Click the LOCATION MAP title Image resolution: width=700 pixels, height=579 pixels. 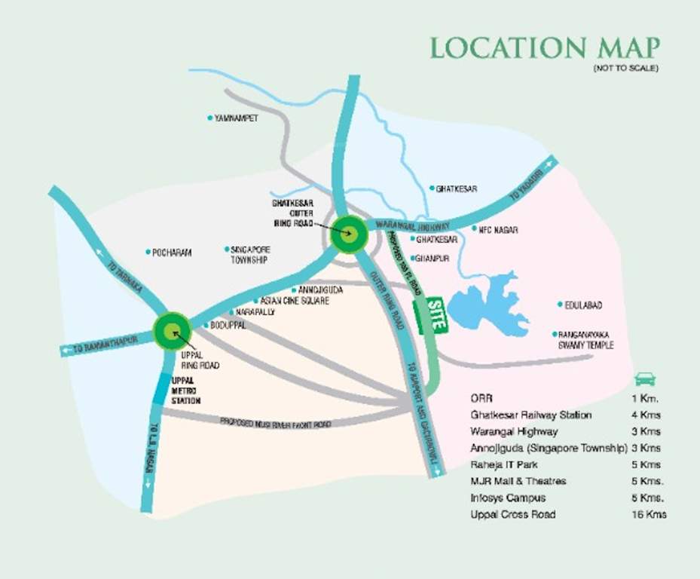[544, 48]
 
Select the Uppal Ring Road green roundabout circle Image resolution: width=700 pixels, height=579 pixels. [172, 330]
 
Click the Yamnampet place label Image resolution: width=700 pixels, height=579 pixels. [235, 118]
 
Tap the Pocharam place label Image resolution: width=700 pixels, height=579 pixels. [172, 253]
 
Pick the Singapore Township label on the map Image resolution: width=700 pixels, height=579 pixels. [250, 254]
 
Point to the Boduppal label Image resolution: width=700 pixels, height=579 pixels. [228, 325]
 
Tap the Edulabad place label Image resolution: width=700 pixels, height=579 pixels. [583, 305]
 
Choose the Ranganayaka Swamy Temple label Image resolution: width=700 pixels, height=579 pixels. [586, 339]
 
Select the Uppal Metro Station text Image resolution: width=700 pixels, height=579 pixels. [186, 391]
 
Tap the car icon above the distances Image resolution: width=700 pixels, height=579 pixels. [645, 378]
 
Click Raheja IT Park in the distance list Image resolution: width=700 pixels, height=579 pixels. [502, 464]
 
